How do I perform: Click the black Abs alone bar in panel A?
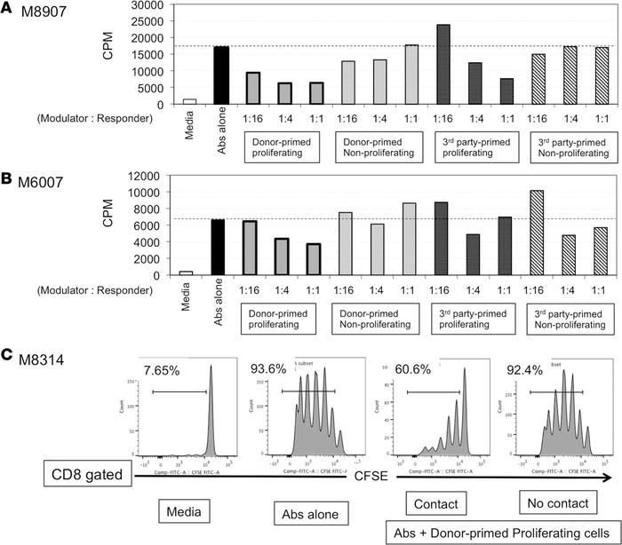click(221, 75)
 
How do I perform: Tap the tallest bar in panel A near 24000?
click(443, 64)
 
